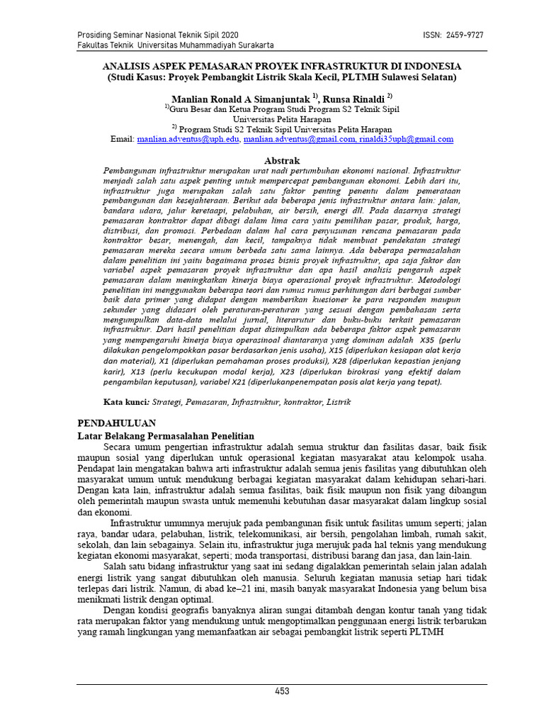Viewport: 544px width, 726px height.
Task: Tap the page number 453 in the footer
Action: tap(283, 691)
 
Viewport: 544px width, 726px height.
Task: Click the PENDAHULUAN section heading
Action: tap(115, 423)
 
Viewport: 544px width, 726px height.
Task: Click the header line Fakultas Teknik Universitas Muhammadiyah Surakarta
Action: tap(175, 45)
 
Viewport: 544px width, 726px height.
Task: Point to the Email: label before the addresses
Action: tap(123, 140)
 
